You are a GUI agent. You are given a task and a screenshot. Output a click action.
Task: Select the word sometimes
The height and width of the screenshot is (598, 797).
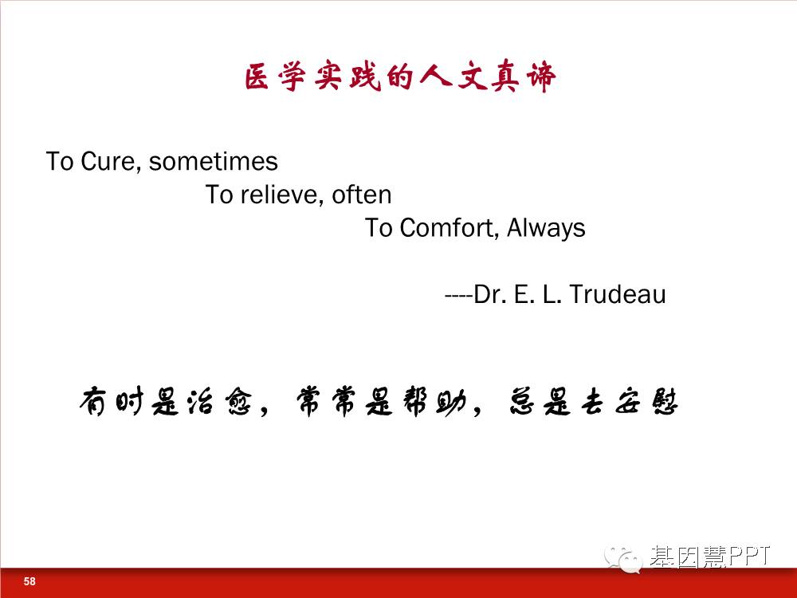[214, 161]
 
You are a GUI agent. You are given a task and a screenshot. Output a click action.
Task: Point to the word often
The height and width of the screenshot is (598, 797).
[361, 195]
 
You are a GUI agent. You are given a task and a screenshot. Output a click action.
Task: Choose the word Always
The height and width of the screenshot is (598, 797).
[546, 228]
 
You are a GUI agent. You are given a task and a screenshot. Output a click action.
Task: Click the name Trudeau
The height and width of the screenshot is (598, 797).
[617, 294]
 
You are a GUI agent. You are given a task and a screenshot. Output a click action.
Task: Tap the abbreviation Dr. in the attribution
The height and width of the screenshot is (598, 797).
[489, 294]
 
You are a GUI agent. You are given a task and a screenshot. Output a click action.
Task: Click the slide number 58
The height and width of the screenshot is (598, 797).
[29, 581]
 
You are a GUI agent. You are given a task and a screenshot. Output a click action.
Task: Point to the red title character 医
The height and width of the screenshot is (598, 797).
[257, 78]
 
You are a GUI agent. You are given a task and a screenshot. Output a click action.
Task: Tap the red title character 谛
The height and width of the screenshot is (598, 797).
[541, 78]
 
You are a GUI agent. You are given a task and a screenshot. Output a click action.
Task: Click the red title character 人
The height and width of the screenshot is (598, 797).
[435, 77]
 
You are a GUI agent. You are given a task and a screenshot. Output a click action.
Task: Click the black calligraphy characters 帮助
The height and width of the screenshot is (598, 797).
[434, 402]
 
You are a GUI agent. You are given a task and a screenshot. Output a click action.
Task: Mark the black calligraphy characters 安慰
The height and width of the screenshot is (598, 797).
[646, 402]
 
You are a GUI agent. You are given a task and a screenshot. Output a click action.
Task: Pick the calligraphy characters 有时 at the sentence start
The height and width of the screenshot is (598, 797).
[112, 402]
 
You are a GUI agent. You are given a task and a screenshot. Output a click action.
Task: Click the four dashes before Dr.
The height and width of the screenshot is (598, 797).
[458, 296]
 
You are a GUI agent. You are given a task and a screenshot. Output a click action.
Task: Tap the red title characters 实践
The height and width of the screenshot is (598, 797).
[347, 78]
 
